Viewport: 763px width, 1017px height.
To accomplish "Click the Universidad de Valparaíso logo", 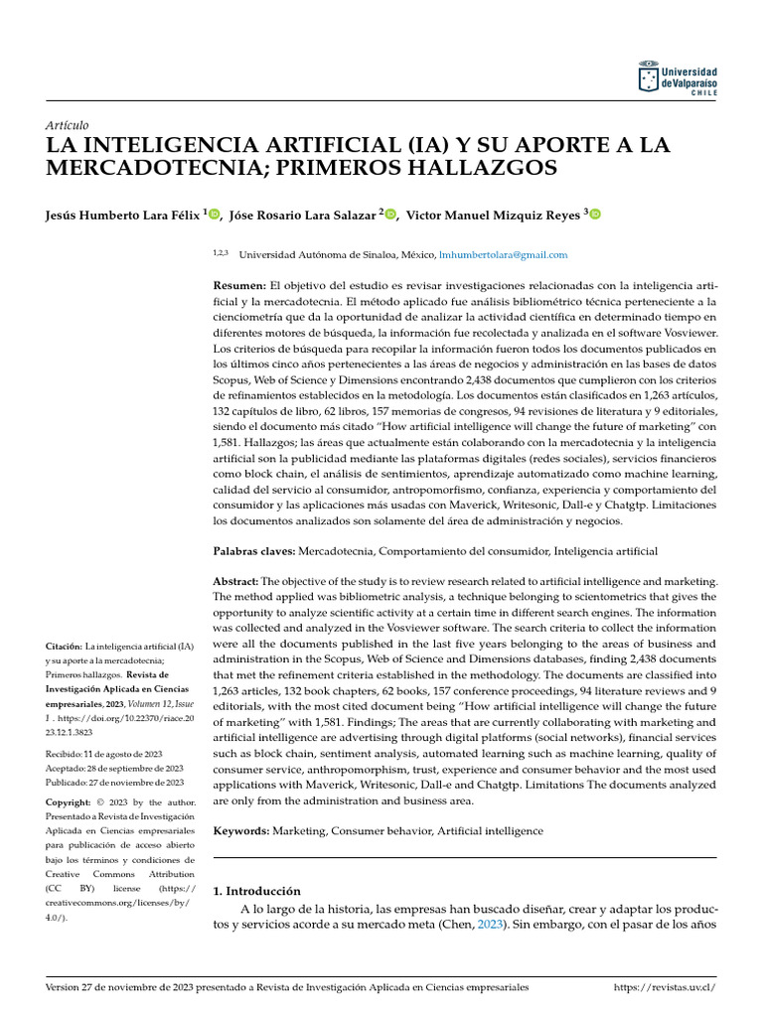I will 676,78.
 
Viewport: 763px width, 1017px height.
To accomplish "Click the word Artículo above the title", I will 68,125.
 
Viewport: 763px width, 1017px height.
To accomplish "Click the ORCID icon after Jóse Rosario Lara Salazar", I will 390,215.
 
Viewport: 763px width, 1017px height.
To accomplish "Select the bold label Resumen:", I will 239,285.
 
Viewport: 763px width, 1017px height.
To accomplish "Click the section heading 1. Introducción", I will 256,891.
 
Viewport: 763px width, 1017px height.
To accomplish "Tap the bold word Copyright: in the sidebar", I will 70,801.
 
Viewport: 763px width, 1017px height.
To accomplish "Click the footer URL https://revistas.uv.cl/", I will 665,987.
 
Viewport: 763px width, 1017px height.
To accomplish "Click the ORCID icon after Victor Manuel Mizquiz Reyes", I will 595,215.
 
